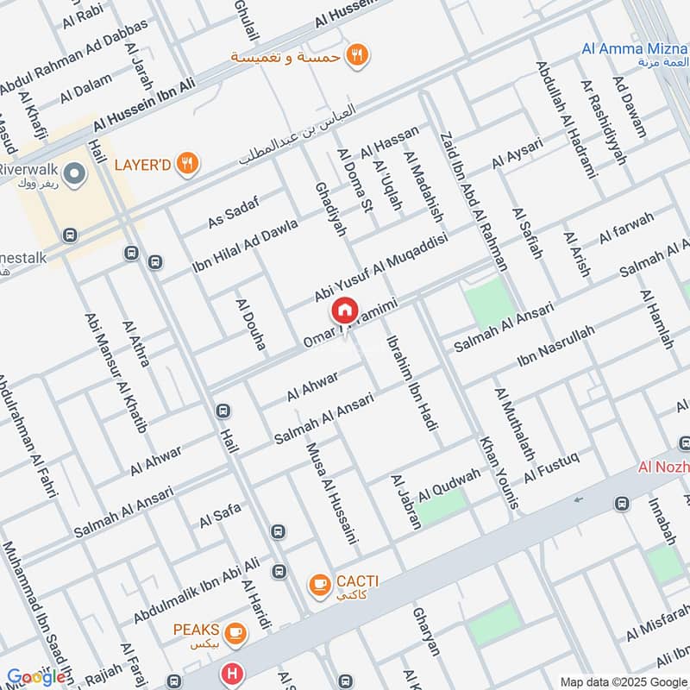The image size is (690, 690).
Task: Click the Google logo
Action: point(36,677)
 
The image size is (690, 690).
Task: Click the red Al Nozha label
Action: point(664,467)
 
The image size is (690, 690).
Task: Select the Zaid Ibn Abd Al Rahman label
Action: point(463,183)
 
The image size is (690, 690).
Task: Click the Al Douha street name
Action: point(250,323)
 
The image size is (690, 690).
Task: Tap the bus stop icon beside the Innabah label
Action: point(621,503)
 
